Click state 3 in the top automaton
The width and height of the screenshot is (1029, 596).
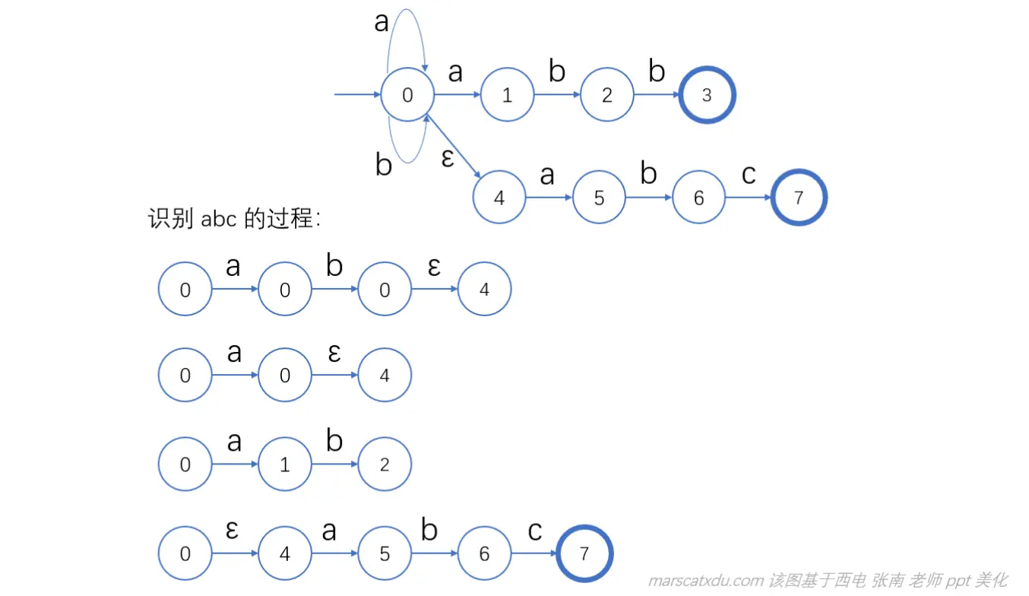[708, 95]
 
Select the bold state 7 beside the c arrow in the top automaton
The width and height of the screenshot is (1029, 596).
[798, 198]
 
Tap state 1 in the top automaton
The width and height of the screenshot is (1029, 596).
[507, 95]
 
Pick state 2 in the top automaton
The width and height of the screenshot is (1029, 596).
[606, 95]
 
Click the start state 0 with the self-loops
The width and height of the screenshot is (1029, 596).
[407, 95]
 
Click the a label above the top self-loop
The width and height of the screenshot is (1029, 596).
[382, 23]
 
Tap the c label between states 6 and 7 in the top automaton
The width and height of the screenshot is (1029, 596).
[749, 174]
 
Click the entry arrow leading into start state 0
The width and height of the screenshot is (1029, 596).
[357, 95]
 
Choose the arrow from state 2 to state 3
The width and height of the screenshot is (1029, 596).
[657, 95]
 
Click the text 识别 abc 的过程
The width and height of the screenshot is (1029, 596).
[234, 219]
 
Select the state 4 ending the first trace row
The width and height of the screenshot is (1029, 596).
[484, 289]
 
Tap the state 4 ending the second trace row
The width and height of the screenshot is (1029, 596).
[385, 376]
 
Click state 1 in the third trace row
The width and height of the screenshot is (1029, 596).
[285, 464]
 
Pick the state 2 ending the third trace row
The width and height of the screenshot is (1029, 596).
[385, 464]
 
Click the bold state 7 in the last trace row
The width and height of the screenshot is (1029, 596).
[584, 554]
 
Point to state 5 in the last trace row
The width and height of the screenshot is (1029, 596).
[385, 554]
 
